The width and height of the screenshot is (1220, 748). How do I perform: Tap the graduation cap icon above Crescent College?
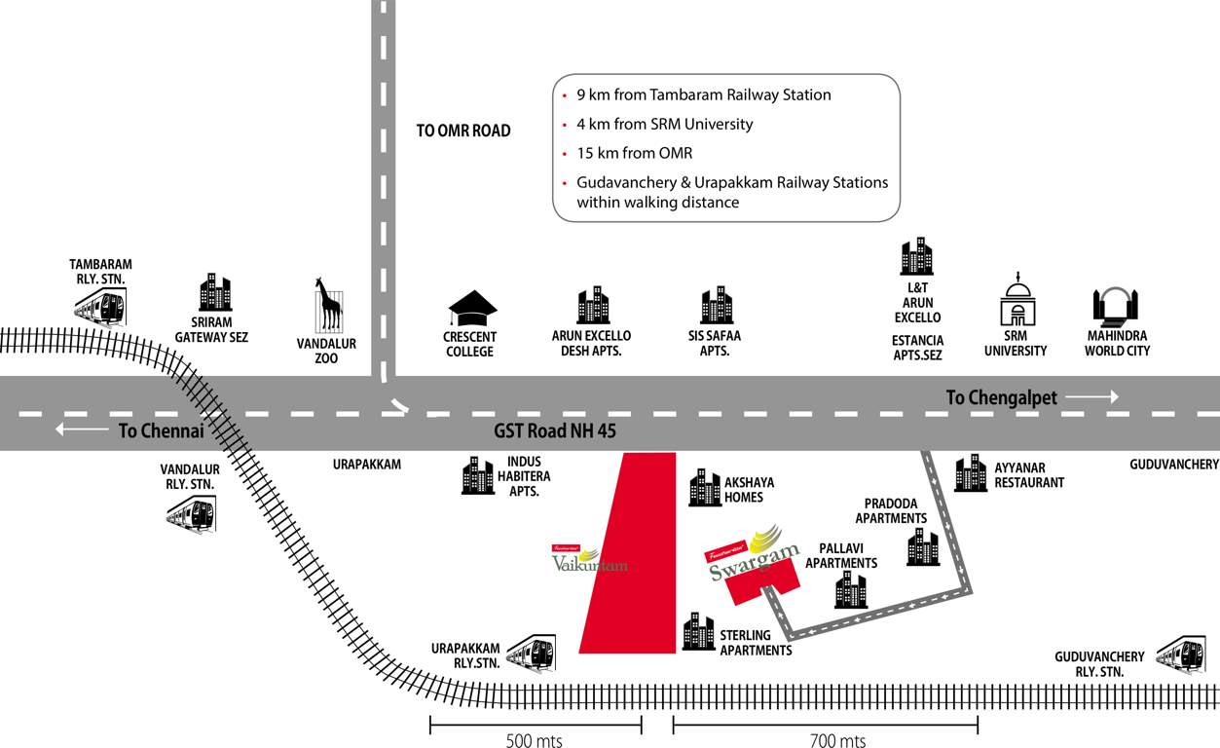472,309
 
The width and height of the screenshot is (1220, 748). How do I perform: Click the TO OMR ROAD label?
463,131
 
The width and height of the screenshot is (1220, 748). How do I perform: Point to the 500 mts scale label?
534,741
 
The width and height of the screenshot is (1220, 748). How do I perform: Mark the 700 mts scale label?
837,741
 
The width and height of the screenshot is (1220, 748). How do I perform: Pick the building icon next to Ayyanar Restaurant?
971,473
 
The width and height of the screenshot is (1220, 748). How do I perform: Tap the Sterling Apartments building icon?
698,632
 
